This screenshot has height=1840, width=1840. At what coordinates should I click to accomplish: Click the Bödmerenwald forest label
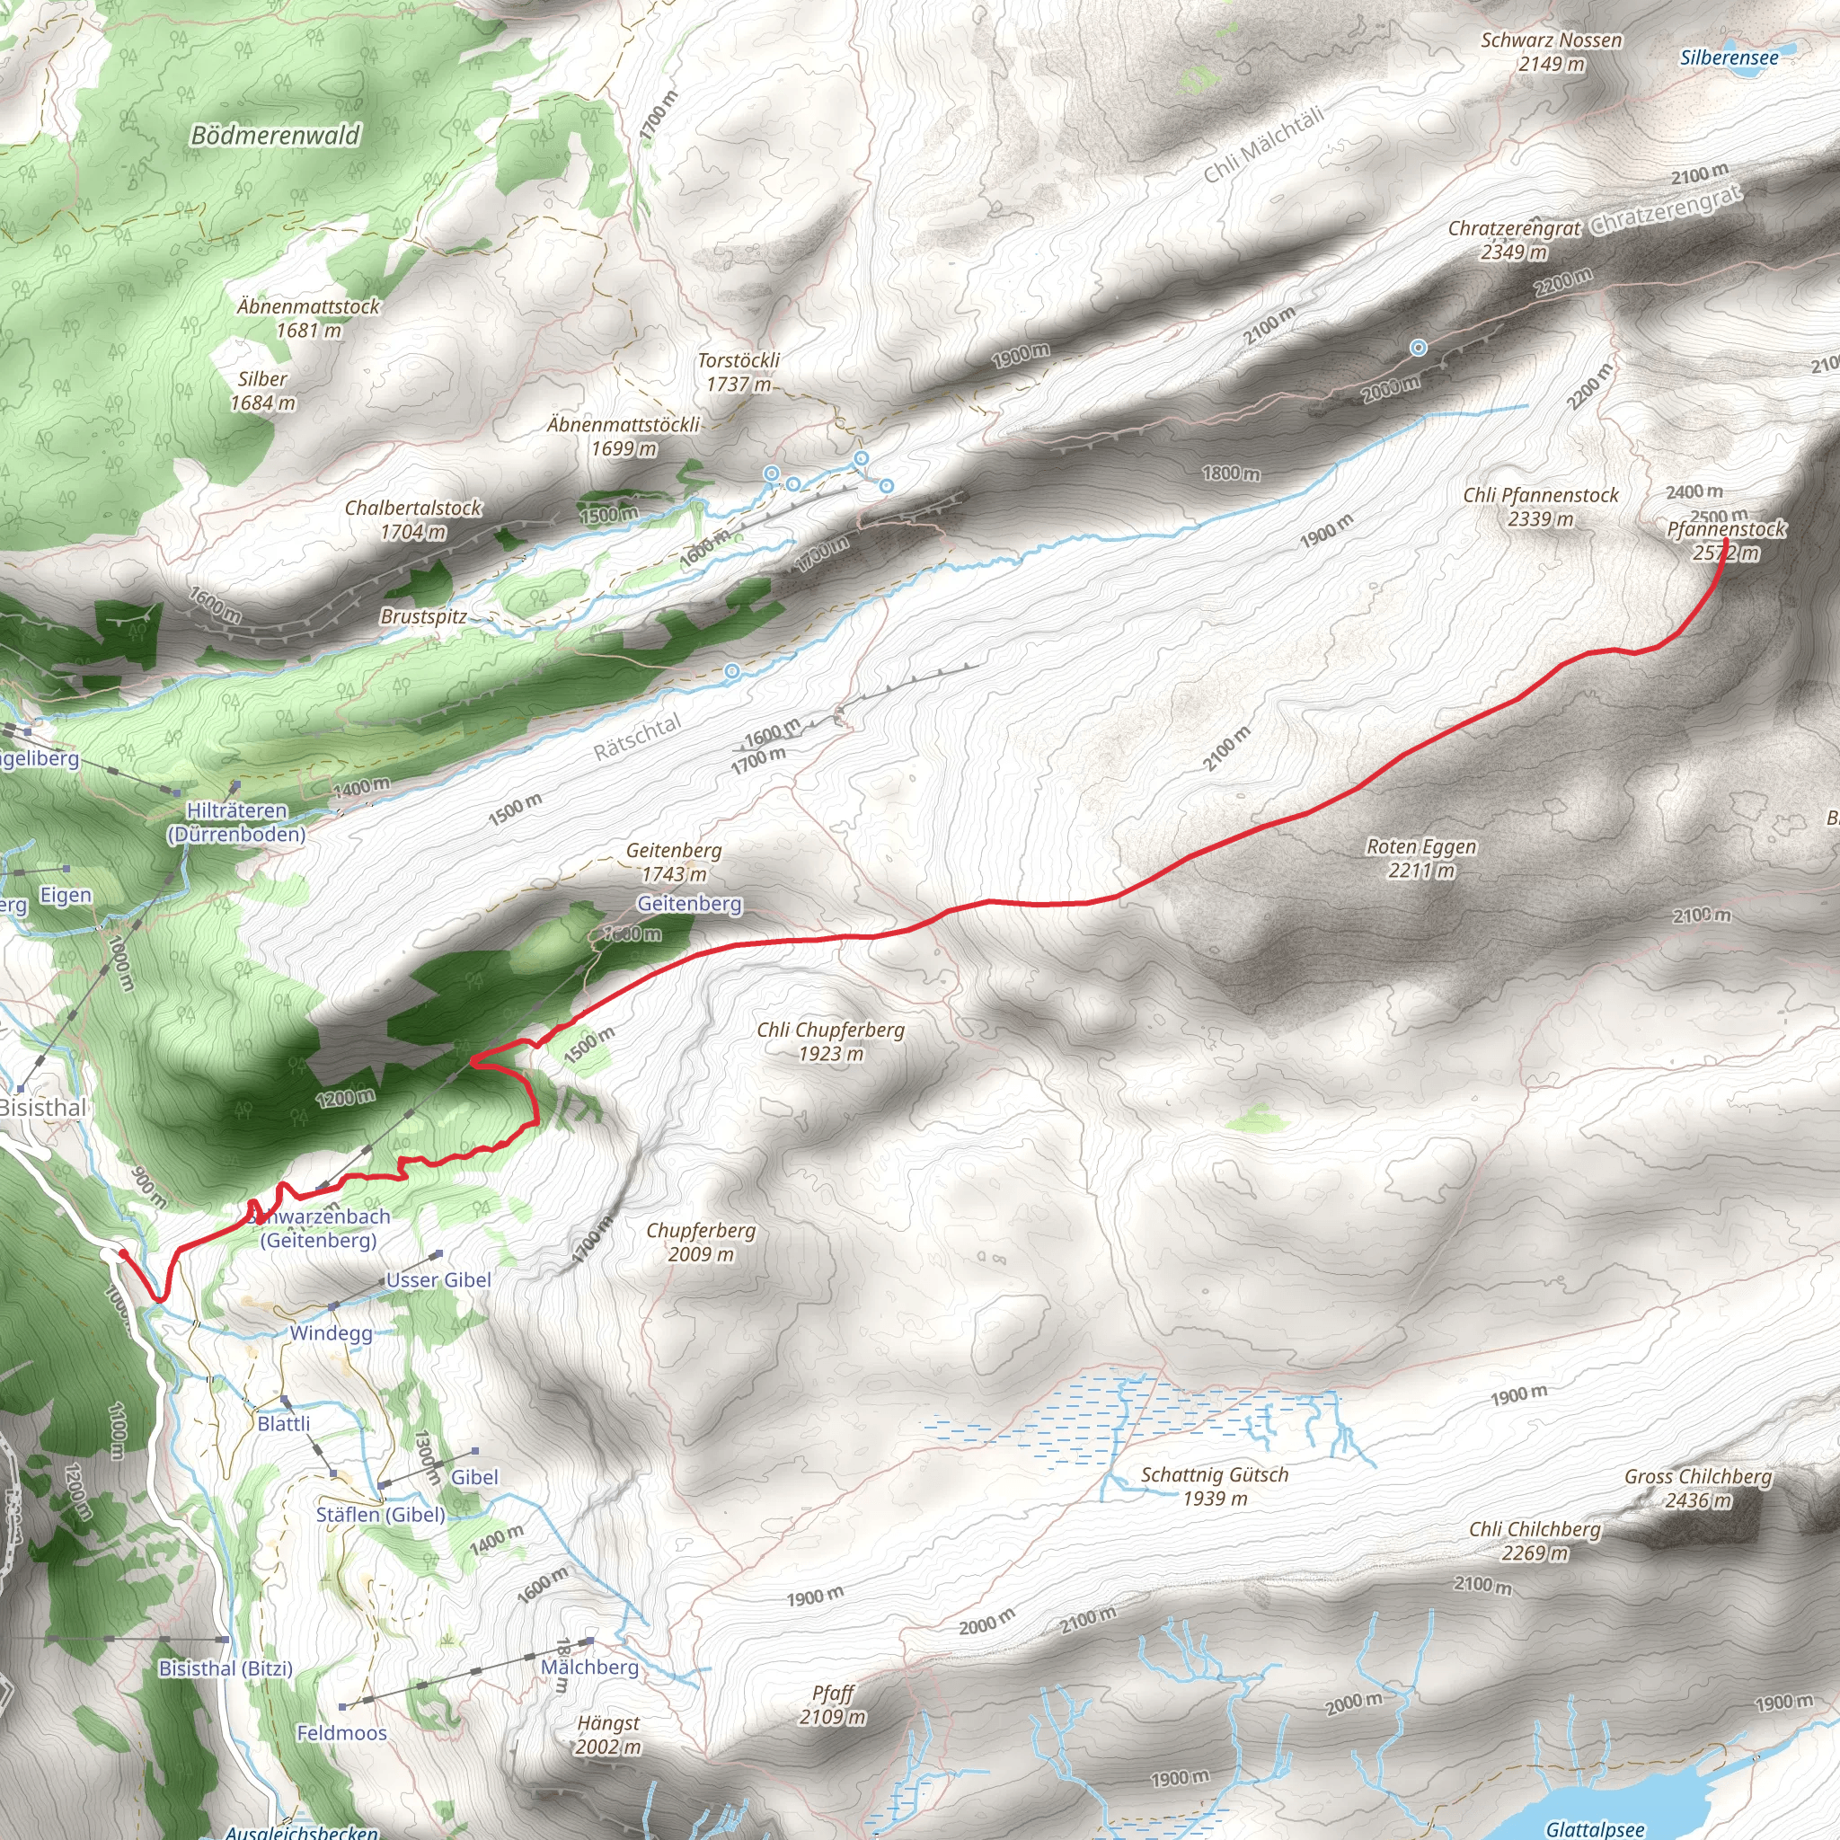[275, 136]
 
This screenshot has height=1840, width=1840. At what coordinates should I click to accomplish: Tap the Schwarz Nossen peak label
[1552, 52]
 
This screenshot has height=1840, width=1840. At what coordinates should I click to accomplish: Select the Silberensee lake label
[1729, 58]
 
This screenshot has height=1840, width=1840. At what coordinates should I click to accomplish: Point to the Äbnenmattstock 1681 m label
[307, 318]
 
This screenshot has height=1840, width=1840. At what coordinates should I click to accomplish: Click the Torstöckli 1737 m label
[739, 372]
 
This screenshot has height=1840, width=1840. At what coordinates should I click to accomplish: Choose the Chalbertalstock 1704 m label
[413, 520]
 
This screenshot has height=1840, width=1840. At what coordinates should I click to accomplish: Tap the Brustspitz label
[423, 616]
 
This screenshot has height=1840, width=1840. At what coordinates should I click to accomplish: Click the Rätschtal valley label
[637, 737]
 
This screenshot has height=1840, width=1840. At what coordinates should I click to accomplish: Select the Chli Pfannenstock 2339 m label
[1541, 507]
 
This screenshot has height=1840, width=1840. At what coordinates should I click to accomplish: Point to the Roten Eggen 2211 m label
[1421, 858]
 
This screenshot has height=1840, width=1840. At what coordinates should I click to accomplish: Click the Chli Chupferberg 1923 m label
[830, 1041]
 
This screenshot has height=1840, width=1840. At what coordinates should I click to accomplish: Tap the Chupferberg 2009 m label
[701, 1242]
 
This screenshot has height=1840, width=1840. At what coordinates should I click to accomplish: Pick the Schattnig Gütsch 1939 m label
[1215, 1486]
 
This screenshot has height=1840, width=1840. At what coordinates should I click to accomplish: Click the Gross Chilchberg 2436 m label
[1698, 1489]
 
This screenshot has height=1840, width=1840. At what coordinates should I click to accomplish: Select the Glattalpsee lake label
[1595, 1828]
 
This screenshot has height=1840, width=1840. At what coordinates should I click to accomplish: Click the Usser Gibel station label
[438, 1280]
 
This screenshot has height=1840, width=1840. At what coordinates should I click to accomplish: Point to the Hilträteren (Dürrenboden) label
[237, 822]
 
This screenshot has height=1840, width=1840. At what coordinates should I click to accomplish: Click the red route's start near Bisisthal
[123, 1253]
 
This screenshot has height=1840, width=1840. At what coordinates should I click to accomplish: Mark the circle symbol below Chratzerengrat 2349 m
[1418, 348]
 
